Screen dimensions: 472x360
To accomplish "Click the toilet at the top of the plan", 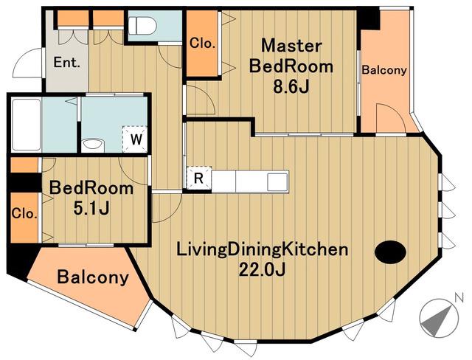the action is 142,25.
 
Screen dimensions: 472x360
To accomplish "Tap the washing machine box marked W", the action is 135,139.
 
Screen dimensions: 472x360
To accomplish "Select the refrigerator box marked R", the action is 199,178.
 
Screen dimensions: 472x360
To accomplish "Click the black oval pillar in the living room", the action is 390,252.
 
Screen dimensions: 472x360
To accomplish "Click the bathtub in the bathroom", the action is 27,125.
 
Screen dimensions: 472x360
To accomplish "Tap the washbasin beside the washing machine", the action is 93,145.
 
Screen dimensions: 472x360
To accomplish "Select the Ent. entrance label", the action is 67,63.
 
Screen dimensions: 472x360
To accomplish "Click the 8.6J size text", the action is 291,87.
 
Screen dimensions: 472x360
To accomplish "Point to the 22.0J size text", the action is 262,269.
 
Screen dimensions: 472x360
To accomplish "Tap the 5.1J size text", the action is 91,208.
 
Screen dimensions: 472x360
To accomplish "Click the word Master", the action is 291,46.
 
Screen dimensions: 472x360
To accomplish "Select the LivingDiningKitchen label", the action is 262,250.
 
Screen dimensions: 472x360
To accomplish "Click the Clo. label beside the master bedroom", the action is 202,44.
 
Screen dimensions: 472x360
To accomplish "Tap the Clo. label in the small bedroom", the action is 24,214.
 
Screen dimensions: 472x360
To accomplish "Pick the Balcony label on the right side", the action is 384,70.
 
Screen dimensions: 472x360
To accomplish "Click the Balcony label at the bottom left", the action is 93,277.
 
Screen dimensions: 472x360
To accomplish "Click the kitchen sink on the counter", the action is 277,181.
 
